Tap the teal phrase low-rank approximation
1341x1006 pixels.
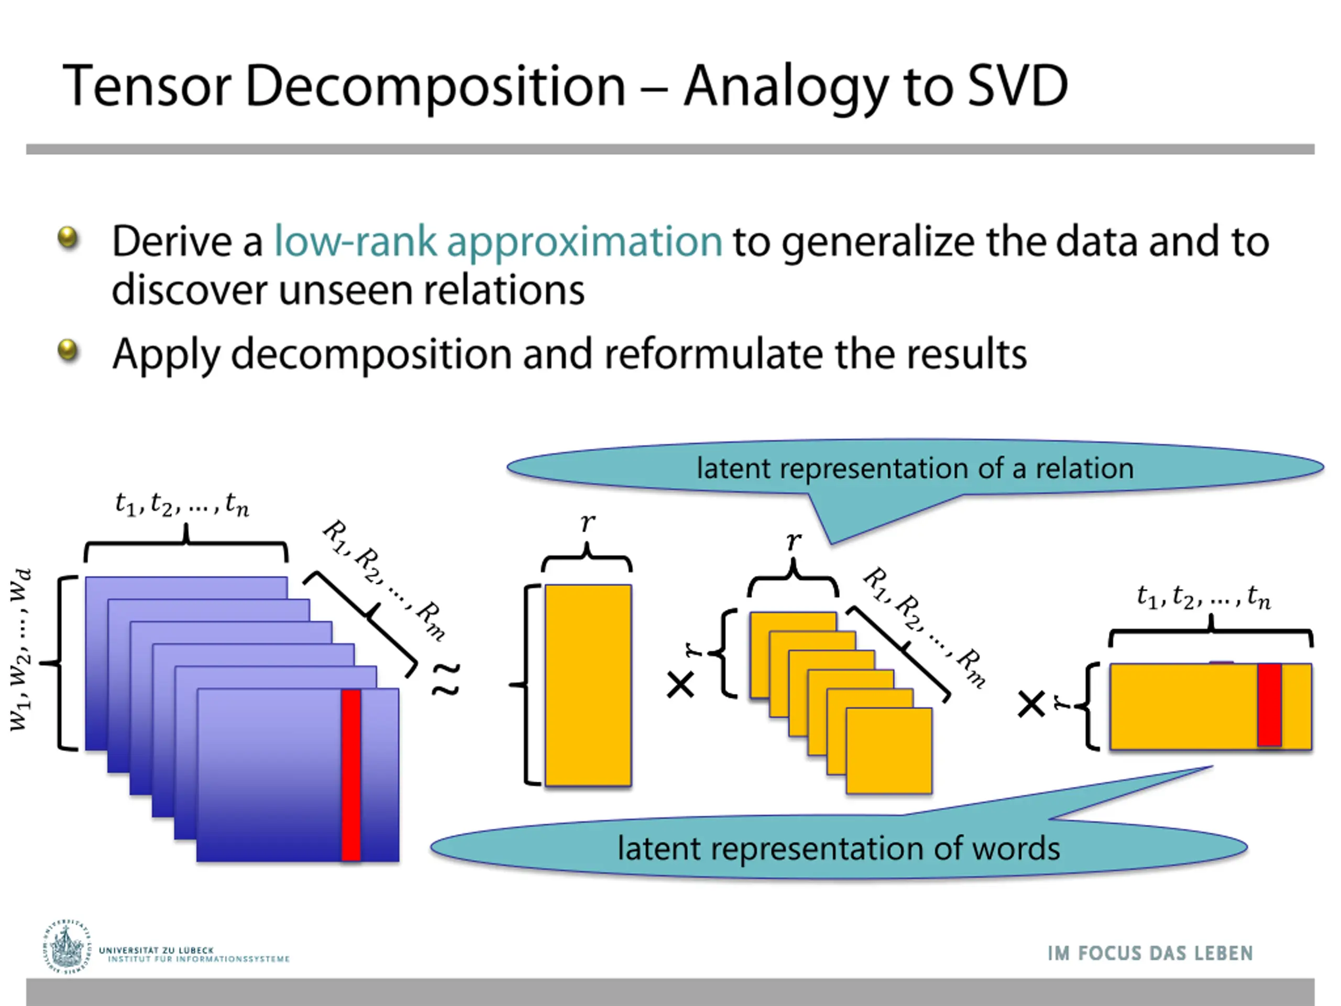pos(498,242)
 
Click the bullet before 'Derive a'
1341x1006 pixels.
pos(68,238)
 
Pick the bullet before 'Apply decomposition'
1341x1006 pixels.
pos(68,350)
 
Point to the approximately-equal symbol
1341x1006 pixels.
pos(446,679)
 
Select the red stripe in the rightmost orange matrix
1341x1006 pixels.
pos(1269,705)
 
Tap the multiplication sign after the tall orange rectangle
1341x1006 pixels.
pos(680,685)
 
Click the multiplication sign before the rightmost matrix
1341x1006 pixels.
pos(1030,705)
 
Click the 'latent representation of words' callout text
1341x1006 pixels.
pos(839,848)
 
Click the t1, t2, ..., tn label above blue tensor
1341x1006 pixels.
pos(182,504)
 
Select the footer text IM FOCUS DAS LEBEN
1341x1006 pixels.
pos(1149,953)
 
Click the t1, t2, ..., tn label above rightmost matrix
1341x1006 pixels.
pos(1203,598)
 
